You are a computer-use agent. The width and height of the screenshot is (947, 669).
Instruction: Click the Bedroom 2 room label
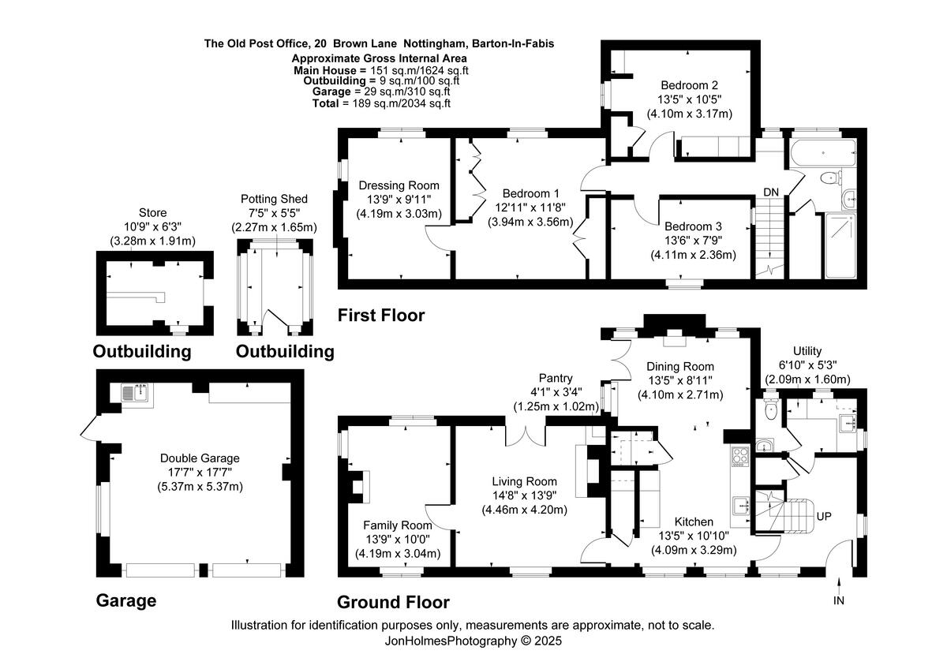(689, 85)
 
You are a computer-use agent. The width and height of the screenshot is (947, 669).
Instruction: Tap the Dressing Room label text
(399, 185)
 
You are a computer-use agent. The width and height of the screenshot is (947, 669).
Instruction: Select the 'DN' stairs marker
(771, 192)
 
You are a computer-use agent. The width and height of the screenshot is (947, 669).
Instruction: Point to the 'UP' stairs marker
(824, 517)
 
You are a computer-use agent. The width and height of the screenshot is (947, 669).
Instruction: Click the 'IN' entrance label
(839, 600)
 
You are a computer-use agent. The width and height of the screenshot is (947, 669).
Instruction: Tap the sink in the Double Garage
(134, 394)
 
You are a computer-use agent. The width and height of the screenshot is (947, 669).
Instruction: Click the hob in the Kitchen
(740, 457)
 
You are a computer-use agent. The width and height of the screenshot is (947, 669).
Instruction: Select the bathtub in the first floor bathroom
(823, 152)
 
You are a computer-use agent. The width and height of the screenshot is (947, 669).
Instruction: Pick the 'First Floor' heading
(381, 316)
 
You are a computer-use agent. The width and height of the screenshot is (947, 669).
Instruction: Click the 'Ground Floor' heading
(393, 602)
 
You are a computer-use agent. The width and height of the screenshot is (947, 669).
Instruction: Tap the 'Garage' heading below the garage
(126, 600)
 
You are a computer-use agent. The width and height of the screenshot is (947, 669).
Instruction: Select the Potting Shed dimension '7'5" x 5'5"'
(274, 213)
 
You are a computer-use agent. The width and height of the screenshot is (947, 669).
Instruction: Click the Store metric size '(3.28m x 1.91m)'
(152, 241)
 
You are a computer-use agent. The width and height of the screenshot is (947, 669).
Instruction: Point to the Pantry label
(556, 378)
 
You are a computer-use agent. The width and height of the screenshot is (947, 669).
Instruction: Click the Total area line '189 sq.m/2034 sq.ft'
(402, 103)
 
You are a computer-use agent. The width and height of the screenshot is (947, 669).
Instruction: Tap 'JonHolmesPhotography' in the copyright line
(451, 641)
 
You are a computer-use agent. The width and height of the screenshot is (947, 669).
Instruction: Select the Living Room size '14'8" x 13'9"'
(524, 495)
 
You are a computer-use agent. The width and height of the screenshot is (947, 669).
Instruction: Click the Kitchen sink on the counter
(741, 506)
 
